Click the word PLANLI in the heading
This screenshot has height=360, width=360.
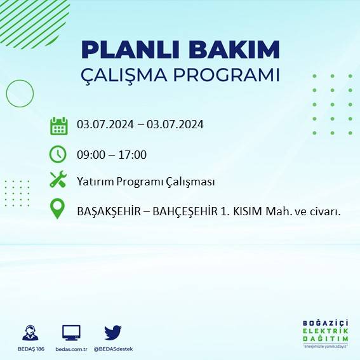[x=121, y=50]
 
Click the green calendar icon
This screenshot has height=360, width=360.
[x=58, y=125]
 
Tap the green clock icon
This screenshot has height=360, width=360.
[x=58, y=154]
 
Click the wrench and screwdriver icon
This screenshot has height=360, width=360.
[x=58, y=180]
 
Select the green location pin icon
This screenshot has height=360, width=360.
[x=58, y=210]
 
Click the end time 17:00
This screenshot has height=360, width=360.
[x=133, y=154]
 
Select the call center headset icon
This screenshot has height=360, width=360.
[x=29, y=333]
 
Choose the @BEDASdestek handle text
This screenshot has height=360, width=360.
[x=113, y=349]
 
